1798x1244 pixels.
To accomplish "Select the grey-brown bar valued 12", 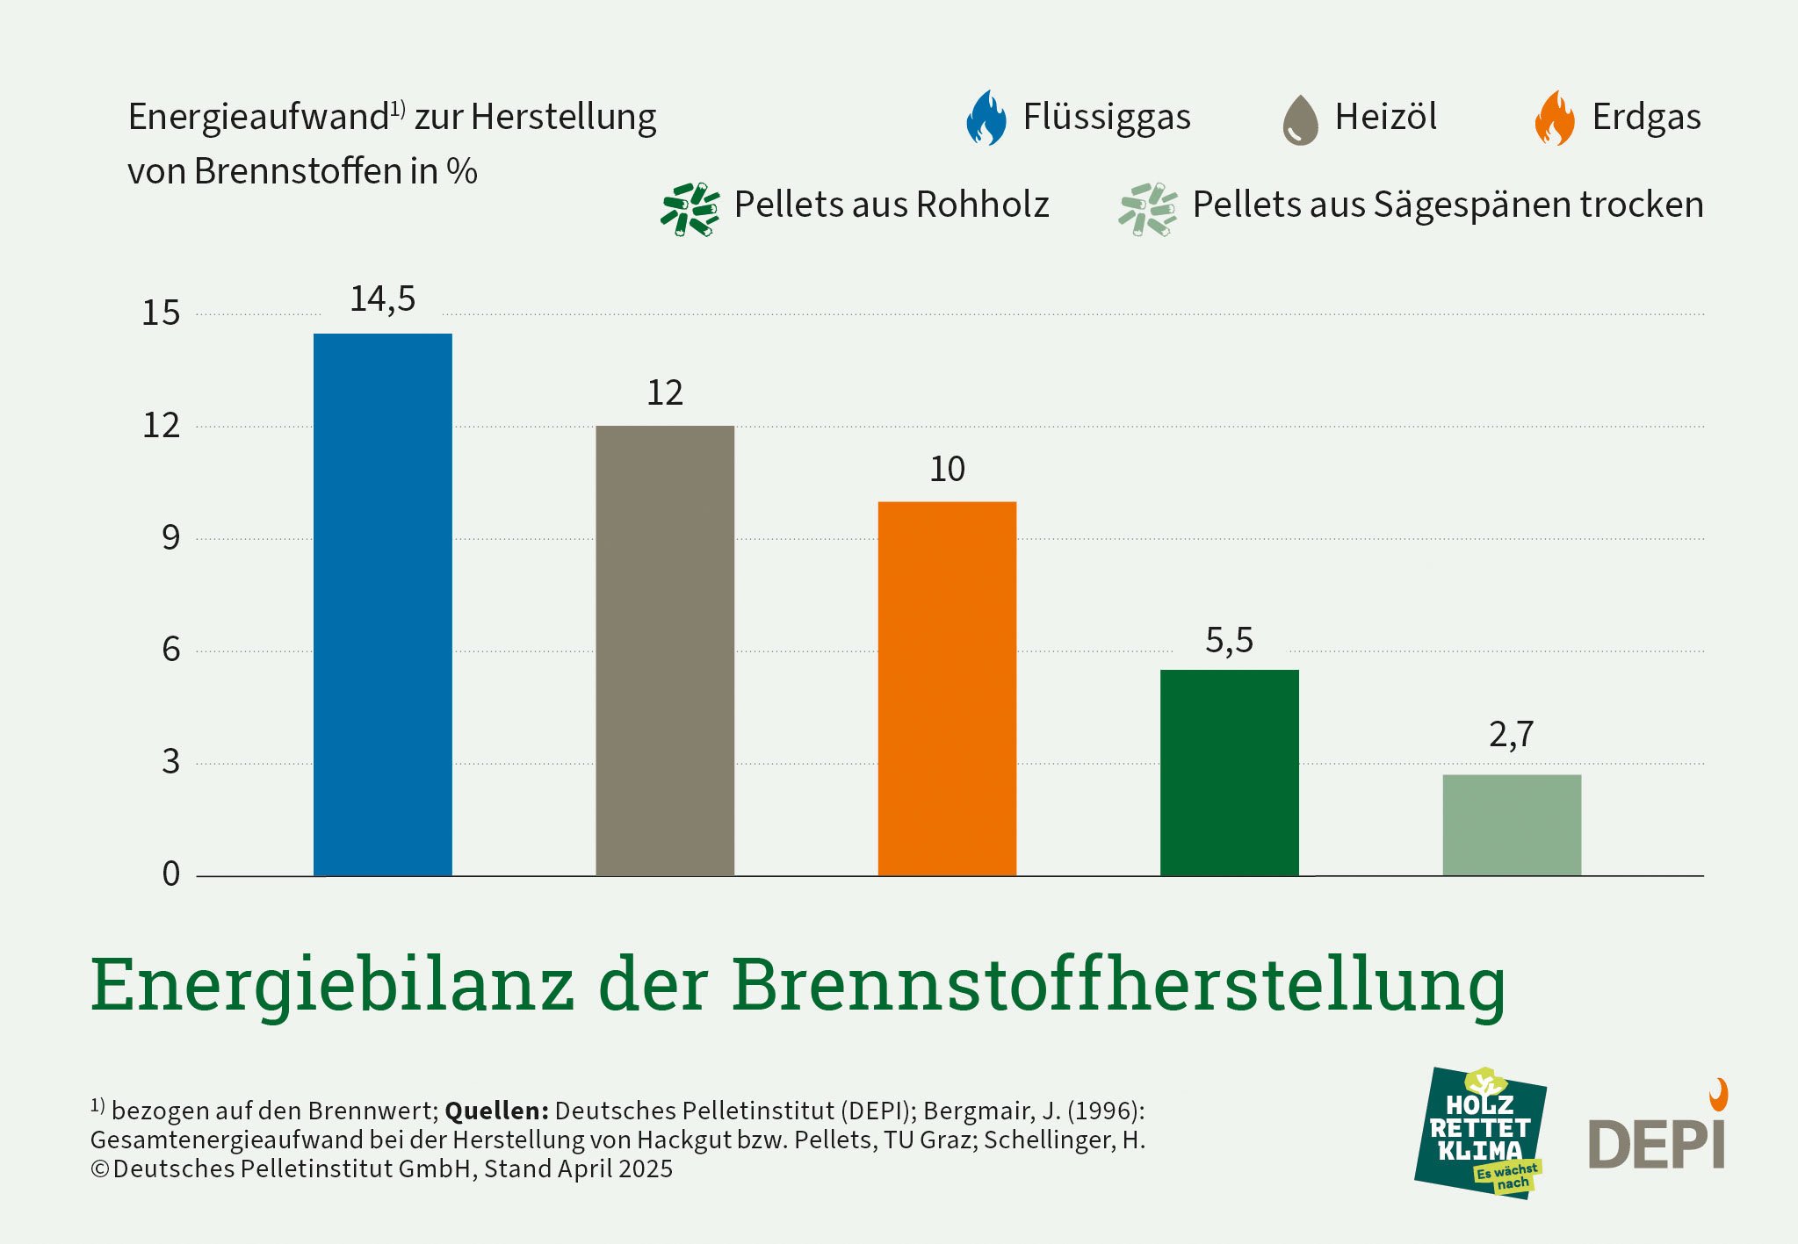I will point(665,651).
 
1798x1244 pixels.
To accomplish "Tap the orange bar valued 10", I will point(947,688).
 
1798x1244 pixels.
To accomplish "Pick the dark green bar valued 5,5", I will point(1229,773).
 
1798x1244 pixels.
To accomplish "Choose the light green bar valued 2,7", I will point(1512,825).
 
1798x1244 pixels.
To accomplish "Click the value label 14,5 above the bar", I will point(383,299).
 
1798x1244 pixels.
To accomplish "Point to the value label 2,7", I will point(1511,735).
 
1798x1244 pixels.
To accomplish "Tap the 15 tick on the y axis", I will point(161,313).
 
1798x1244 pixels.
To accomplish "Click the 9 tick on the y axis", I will point(170,538).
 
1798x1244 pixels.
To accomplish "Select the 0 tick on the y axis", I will point(170,874).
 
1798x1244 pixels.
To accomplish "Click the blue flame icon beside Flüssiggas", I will point(986,118).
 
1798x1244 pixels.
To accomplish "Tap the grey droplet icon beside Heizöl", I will point(1300,120).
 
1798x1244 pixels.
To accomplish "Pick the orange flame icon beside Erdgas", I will point(1555,118).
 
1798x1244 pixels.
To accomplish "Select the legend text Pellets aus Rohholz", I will point(892,205).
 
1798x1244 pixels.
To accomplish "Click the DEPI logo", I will point(1658,1137).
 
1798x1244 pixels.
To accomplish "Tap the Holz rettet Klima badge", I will point(1481,1133).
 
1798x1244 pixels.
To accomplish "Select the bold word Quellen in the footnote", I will point(496,1111).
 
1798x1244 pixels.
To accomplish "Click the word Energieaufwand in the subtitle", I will point(258,118).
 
